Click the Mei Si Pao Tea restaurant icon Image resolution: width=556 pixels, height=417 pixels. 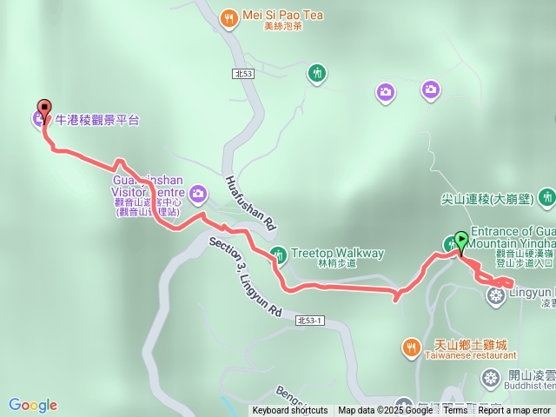tap(229, 17)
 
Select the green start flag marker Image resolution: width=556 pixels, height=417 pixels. tap(460, 240)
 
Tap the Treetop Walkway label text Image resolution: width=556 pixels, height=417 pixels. tap(337, 254)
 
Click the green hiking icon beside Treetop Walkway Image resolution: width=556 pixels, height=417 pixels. tap(279, 255)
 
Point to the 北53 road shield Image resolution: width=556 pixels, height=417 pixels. tap(244, 75)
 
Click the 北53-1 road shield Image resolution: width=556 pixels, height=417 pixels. tap(308, 321)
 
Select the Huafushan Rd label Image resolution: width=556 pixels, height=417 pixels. tap(249, 202)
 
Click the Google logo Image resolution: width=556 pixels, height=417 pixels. tap(33, 405)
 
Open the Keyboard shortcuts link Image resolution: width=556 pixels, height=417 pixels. tap(290, 410)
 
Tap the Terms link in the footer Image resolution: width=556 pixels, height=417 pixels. tap(455, 410)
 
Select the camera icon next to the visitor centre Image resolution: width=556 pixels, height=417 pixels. tap(198, 193)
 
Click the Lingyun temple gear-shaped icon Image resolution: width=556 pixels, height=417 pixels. tap(496, 296)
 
